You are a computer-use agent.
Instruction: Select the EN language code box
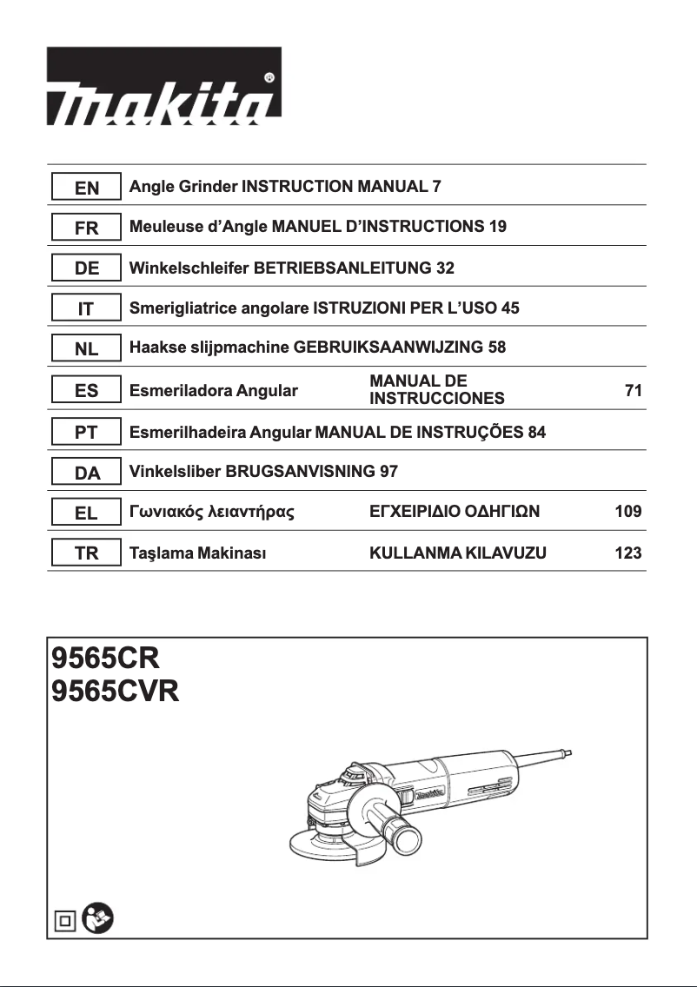(86, 187)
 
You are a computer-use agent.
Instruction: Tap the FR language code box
(86, 228)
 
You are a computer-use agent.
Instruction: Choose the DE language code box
(86, 268)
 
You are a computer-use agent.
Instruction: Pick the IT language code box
(86, 308)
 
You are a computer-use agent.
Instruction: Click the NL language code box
(86, 349)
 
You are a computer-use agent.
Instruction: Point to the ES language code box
(86, 391)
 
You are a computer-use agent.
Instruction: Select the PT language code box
(86, 432)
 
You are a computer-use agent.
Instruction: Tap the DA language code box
(86, 473)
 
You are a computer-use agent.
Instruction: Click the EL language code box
(86, 513)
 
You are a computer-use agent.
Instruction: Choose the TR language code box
(86, 553)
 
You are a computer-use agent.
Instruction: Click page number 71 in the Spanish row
(634, 391)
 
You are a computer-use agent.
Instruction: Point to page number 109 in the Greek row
(628, 513)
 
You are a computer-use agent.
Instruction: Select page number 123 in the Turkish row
(628, 553)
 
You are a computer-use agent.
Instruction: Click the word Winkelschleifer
(188, 268)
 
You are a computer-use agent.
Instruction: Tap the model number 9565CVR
(115, 693)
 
